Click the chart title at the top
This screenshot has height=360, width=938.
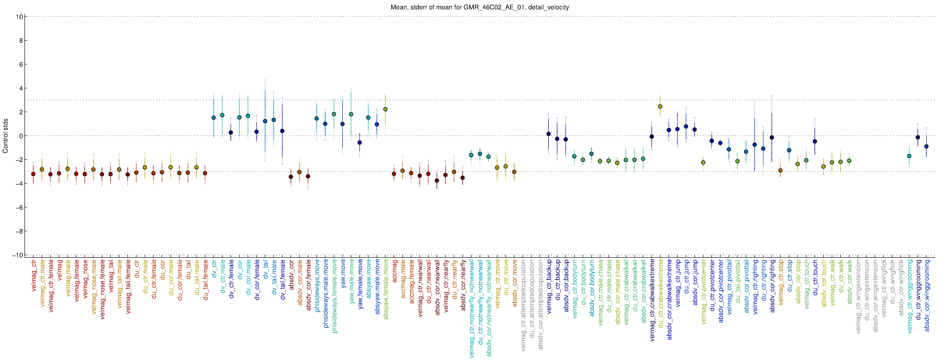pyautogui.click(x=480, y=7)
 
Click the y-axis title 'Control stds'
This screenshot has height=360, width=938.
pyautogui.click(x=5, y=136)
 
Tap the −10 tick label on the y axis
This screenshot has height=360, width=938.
pyautogui.click(x=17, y=255)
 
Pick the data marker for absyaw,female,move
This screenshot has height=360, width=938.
pyautogui.click(x=385, y=109)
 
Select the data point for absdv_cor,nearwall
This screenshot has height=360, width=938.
pyautogui.click(x=437, y=181)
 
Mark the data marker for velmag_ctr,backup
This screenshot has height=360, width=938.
pyautogui.click(x=548, y=134)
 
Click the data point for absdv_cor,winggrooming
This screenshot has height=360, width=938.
pyautogui.click(x=926, y=146)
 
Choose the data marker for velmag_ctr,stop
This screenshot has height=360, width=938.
pyautogui.click(x=780, y=170)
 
